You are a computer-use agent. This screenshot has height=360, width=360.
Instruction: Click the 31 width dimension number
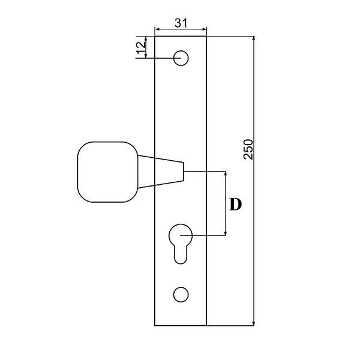[181, 23]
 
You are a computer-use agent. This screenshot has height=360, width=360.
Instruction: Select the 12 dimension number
[140, 48]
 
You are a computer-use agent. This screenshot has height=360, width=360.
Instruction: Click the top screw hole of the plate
[181, 58]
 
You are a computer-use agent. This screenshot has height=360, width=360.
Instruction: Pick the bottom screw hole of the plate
[180, 294]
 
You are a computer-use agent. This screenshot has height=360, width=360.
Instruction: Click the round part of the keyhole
[180, 235]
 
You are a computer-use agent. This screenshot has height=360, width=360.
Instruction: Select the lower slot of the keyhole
[180, 255]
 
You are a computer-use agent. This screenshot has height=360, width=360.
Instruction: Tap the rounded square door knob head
[107, 171]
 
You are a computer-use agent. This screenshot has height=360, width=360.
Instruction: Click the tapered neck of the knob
[160, 171]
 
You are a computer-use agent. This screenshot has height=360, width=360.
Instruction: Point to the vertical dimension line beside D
[226, 204]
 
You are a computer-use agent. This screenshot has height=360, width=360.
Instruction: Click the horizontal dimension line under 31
[181, 28]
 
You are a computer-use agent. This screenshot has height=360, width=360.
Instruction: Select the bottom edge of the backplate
[181, 326]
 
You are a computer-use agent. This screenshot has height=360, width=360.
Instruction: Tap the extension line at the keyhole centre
[207, 235]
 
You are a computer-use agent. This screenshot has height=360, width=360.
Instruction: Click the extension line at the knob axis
[207, 172]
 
